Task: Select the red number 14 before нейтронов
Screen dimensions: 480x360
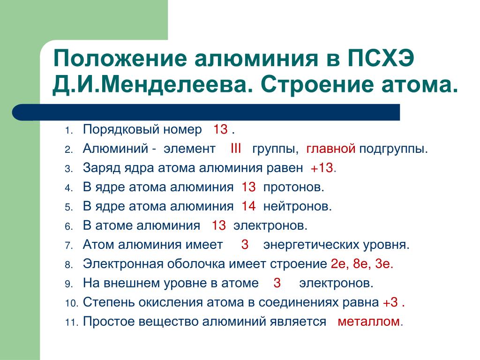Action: pyautogui.click(x=248, y=206)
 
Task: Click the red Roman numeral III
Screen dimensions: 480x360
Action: pyautogui.click(x=236, y=149)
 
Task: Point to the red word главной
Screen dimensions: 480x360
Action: pyautogui.click(x=331, y=149)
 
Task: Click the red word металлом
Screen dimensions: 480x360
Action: pyautogui.click(x=369, y=322)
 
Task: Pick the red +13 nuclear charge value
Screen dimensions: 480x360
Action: pyautogui.click(x=322, y=168)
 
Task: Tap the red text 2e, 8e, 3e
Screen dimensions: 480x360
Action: pyautogui.click(x=362, y=263)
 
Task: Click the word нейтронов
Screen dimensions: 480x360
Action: pyautogui.click(x=297, y=207)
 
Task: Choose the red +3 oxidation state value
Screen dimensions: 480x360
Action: pyautogui.click(x=390, y=302)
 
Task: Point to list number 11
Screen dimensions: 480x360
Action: pyautogui.click(x=71, y=322)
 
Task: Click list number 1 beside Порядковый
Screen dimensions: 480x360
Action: pyautogui.click(x=68, y=131)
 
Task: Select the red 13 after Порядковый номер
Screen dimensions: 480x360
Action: pyautogui.click(x=220, y=129)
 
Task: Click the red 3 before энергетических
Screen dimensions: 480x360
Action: pyautogui.click(x=245, y=244)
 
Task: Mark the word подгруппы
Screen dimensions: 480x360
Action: pyautogui.click(x=393, y=149)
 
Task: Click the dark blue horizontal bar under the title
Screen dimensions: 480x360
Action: pyautogui.click(x=206, y=112)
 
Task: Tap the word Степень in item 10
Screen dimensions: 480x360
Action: pyautogui.click(x=109, y=302)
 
